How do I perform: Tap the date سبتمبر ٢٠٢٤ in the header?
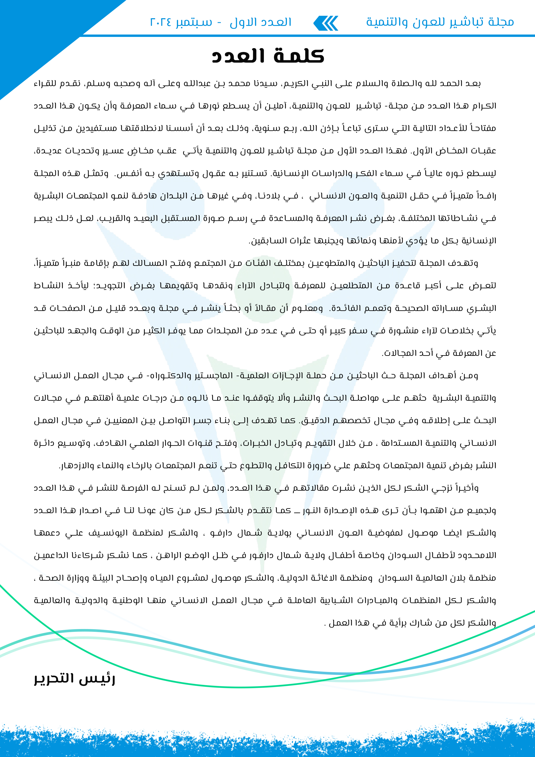pos(181,22)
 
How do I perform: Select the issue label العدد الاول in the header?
pos(260,22)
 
